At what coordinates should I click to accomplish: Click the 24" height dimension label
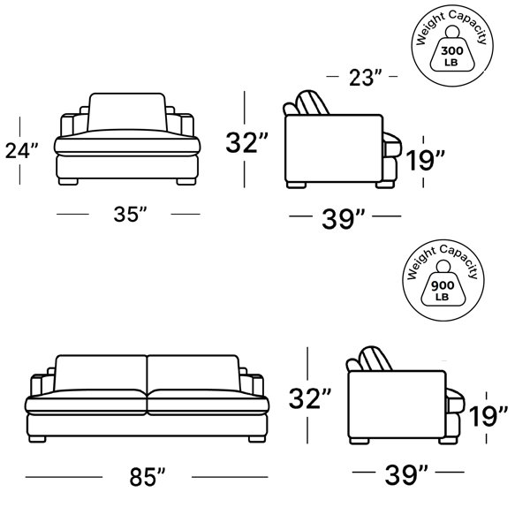tap(21, 151)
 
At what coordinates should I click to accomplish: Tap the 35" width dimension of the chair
tap(130, 214)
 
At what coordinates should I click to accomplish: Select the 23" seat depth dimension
tap(365, 78)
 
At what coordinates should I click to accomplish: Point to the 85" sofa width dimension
tap(148, 477)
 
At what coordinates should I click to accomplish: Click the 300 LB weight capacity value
tap(452, 56)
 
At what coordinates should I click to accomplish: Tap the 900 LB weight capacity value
tap(443, 291)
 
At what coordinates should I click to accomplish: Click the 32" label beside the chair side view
tap(246, 142)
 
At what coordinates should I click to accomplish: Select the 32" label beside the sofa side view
tap(310, 398)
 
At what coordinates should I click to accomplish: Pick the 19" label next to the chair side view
tap(425, 160)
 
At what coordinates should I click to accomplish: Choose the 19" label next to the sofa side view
tap(488, 416)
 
